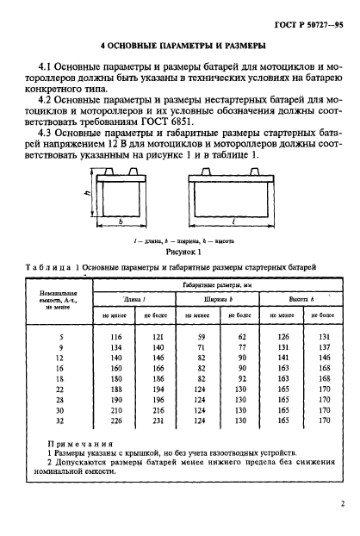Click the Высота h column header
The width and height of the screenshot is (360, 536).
coord(297,298)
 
